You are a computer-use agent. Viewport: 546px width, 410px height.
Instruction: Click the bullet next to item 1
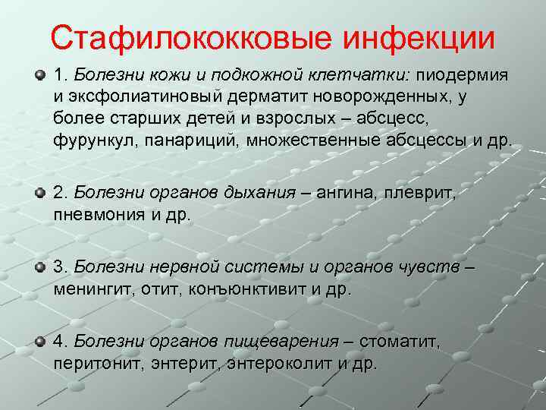click(39, 77)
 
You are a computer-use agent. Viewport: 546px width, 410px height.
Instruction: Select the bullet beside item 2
click(39, 194)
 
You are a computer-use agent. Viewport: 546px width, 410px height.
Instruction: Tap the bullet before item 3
click(39, 268)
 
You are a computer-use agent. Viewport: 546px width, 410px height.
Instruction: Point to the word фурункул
click(89, 141)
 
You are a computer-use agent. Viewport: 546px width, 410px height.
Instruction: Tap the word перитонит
click(93, 364)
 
